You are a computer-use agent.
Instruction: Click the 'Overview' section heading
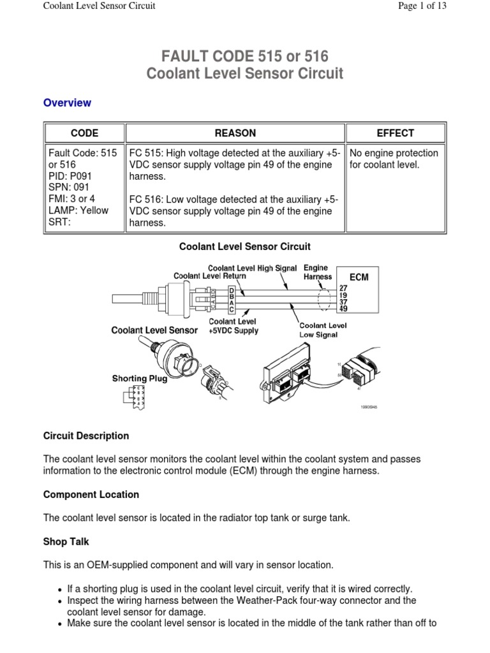(x=67, y=103)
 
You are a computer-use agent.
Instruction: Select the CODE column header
(x=84, y=133)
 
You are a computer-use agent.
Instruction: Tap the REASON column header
(x=235, y=133)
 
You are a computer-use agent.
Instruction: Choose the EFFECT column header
(x=395, y=133)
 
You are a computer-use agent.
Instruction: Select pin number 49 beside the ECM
(x=343, y=309)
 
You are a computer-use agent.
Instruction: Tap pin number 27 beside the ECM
(x=343, y=288)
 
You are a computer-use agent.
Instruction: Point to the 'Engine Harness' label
(x=318, y=273)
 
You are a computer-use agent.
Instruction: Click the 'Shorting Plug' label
(x=140, y=378)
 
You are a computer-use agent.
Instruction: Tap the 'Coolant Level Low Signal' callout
(x=322, y=329)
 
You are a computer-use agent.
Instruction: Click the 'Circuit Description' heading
(x=85, y=436)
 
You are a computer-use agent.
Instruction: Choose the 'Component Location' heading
(x=91, y=495)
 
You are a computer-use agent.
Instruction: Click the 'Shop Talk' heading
(x=66, y=542)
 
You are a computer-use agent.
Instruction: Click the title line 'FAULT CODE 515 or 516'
(x=244, y=56)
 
